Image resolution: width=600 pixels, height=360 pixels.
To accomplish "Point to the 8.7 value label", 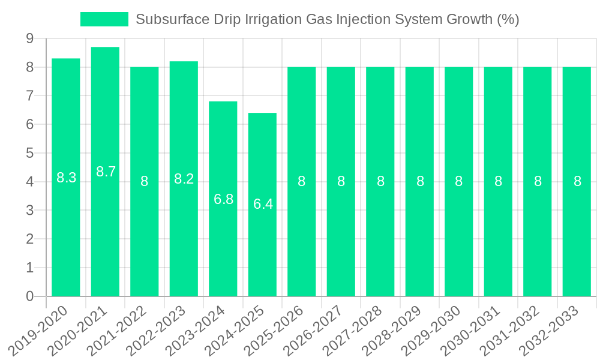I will pyautogui.click(x=106, y=172).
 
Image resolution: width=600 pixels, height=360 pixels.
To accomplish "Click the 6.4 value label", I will pyautogui.click(x=263, y=204).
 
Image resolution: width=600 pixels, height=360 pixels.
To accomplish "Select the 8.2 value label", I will pyautogui.click(x=184, y=179).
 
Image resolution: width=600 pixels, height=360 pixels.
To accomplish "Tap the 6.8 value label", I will pyautogui.click(x=223, y=199).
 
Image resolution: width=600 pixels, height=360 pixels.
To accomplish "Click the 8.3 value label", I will pyautogui.click(x=66, y=178).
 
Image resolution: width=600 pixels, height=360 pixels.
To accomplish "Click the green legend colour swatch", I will pyautogui.click(x=104, y=19).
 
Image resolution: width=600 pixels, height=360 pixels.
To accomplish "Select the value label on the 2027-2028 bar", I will pyautogui.click(x=380, y=181).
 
